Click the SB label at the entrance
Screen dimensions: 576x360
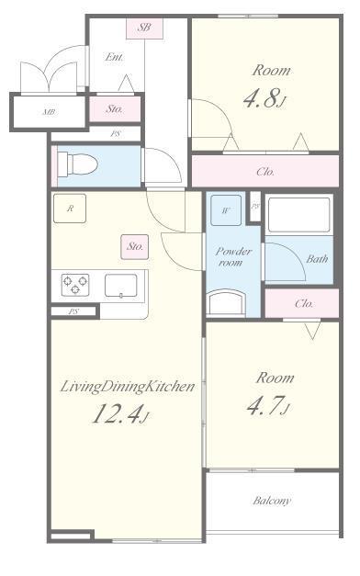(144, 28)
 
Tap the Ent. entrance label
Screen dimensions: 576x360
(115, 57)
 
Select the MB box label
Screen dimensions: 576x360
(48, 113)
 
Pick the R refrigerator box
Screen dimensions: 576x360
(70, 209)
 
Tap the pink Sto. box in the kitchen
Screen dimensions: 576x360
(134, 246)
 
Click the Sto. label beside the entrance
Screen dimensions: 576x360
(115, 108)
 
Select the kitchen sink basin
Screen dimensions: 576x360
(120, 286)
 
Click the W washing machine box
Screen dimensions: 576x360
(225, 209)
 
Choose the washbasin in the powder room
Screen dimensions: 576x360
(227, 303)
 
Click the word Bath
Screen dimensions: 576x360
(317, 259)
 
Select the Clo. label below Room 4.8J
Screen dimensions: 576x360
(264, 171)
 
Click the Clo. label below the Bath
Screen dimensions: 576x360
(304, 302)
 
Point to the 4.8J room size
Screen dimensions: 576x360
(264, 99)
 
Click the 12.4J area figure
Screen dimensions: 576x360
(119, 416)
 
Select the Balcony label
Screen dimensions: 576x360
(272, 501)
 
